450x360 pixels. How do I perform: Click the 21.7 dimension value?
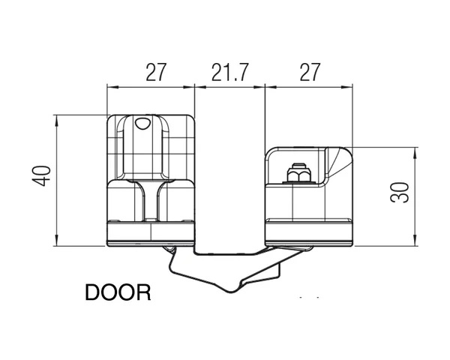(x=229, y=73)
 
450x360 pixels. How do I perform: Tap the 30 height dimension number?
(x=402, y=193)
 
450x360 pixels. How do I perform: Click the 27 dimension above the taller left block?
(x=155, y=73)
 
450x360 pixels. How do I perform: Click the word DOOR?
(x=118, y=291)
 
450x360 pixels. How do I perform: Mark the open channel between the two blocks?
(x=229, y=180)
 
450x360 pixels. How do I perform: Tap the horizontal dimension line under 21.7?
(x=229, y=88)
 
